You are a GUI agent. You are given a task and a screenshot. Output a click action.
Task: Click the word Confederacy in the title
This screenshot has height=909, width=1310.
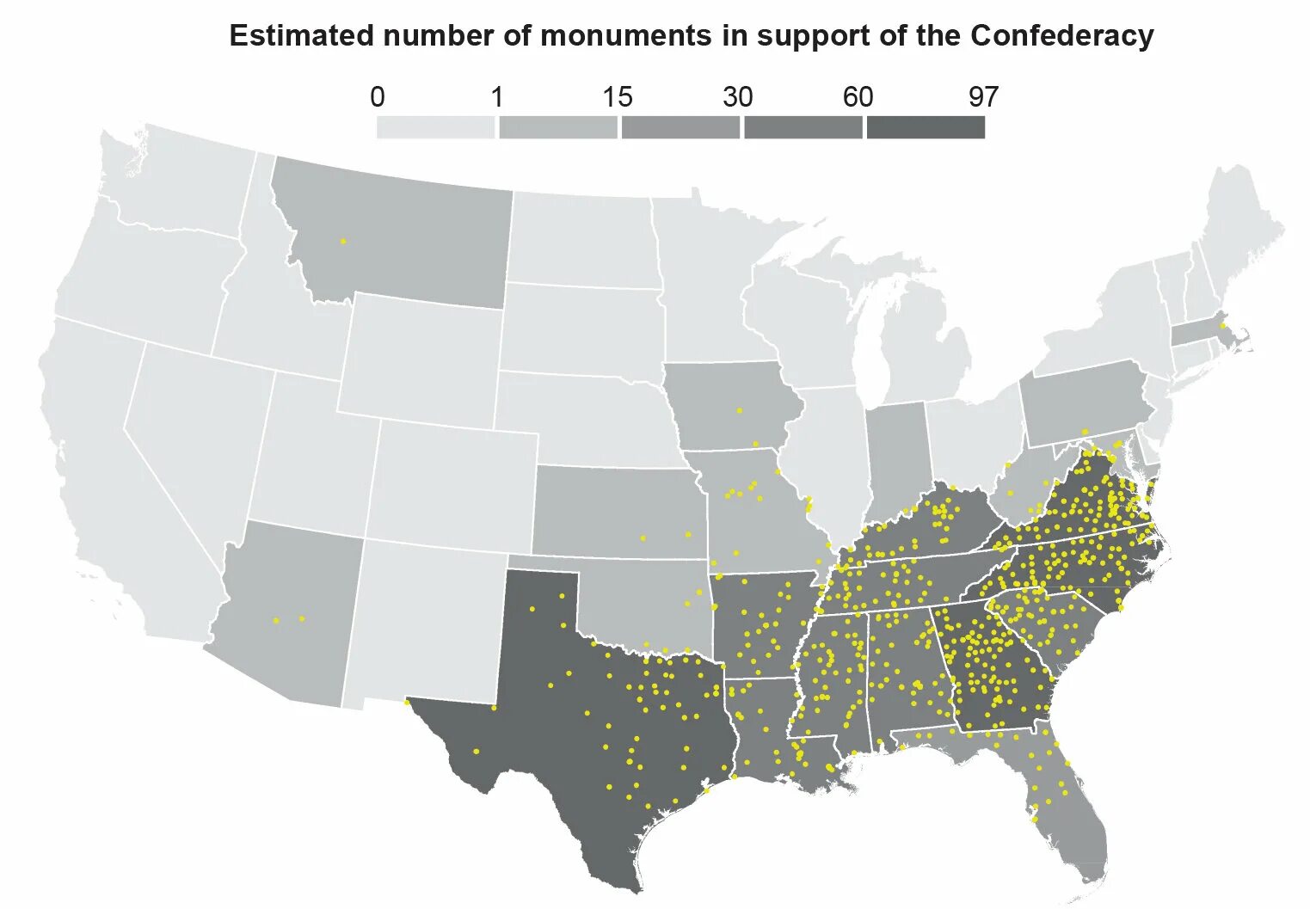point(1061,36)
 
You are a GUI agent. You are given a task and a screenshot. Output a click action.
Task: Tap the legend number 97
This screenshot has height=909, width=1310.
point(983,97)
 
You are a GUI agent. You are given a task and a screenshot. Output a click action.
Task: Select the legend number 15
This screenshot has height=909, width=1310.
point(617,97)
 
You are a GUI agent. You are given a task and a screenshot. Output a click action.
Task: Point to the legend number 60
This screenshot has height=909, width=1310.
point(858,97)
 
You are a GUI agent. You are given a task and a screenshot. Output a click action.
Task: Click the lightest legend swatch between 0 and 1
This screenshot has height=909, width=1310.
point(436,127)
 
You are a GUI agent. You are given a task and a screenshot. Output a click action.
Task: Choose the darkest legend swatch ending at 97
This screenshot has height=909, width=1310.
point(926,127)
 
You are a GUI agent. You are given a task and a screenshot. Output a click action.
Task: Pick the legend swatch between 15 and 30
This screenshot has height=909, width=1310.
point(680,127)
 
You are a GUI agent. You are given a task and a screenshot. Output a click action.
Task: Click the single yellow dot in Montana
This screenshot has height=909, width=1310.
point(343,242)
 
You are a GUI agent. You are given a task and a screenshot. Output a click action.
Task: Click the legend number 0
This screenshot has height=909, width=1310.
point(377,97)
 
